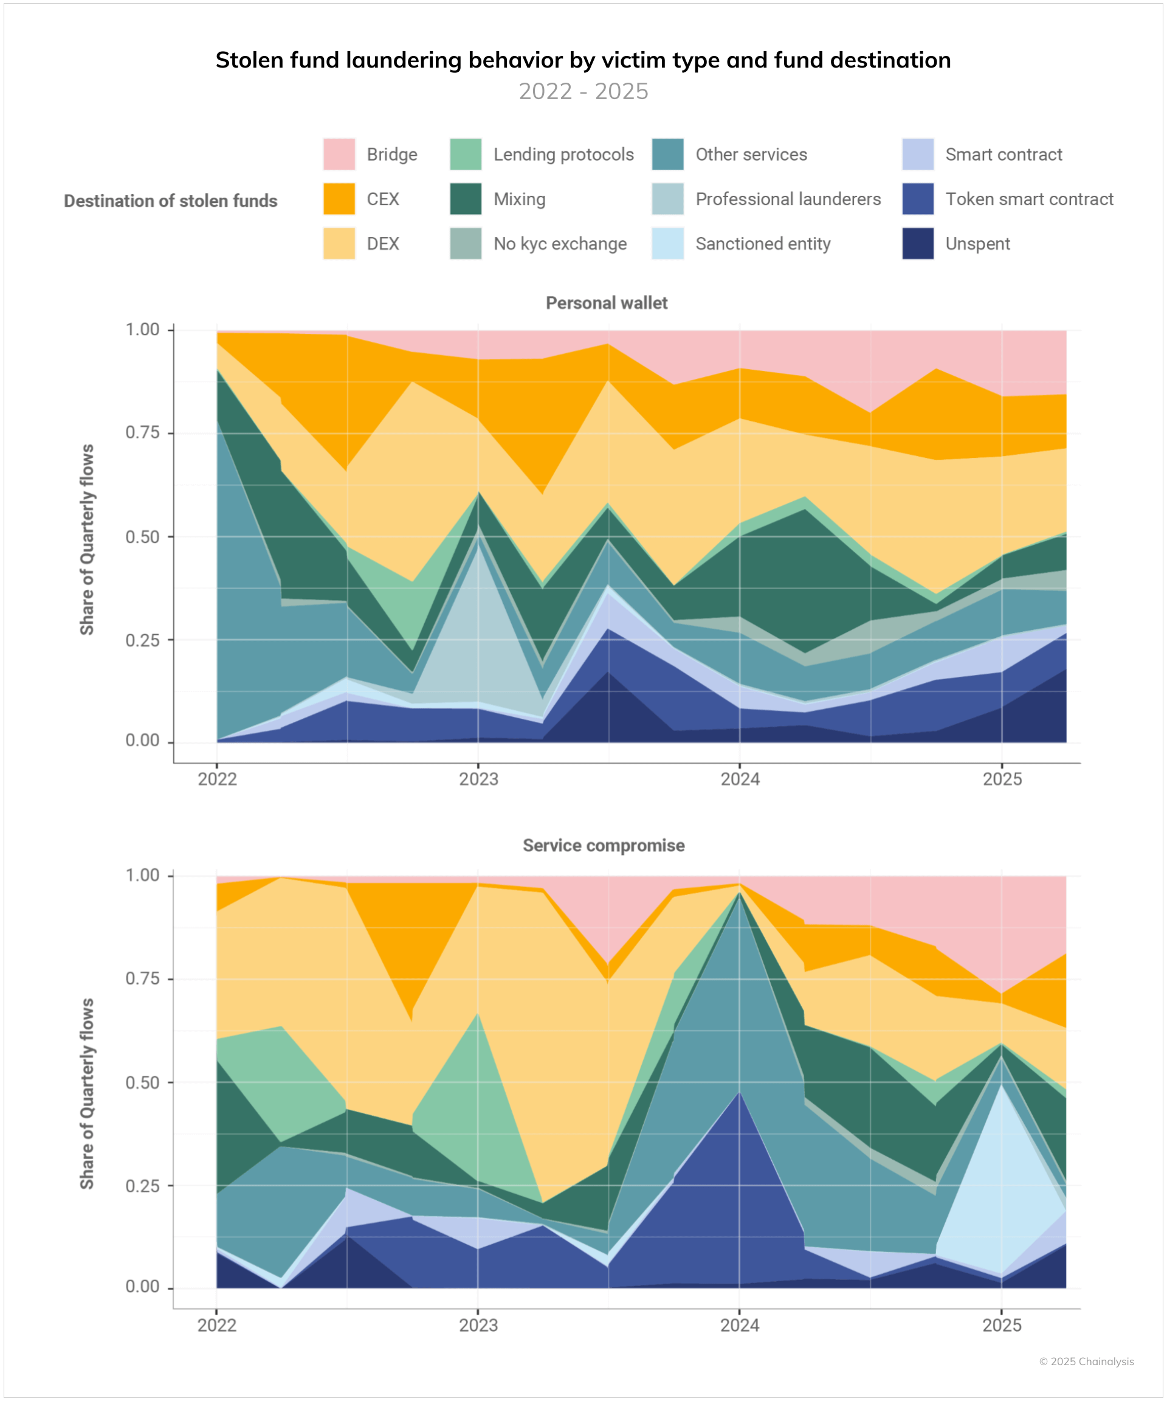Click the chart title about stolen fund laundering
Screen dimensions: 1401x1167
583,60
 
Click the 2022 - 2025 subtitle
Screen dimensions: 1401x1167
583,91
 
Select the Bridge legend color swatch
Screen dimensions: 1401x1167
339,154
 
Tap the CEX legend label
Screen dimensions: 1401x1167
383,199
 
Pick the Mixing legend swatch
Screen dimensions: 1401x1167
466,199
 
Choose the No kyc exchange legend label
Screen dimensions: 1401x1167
560,243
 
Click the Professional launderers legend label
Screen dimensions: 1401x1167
788,199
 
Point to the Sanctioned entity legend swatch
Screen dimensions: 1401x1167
667,243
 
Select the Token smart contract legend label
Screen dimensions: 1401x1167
1029,199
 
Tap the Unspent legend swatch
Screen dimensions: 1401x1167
918,243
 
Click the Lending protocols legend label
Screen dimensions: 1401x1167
563,154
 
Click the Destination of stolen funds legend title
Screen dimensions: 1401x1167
171,201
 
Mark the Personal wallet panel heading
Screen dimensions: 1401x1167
606,303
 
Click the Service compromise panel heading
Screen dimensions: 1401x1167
604,845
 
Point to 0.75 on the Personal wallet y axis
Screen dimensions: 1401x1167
142,432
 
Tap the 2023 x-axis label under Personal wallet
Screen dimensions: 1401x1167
478,779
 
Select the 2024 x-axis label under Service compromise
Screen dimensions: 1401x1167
740,1325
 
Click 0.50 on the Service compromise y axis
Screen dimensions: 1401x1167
142,1082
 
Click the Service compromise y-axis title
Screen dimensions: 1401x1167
87,1094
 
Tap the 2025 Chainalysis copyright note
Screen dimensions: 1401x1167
1086,1361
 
